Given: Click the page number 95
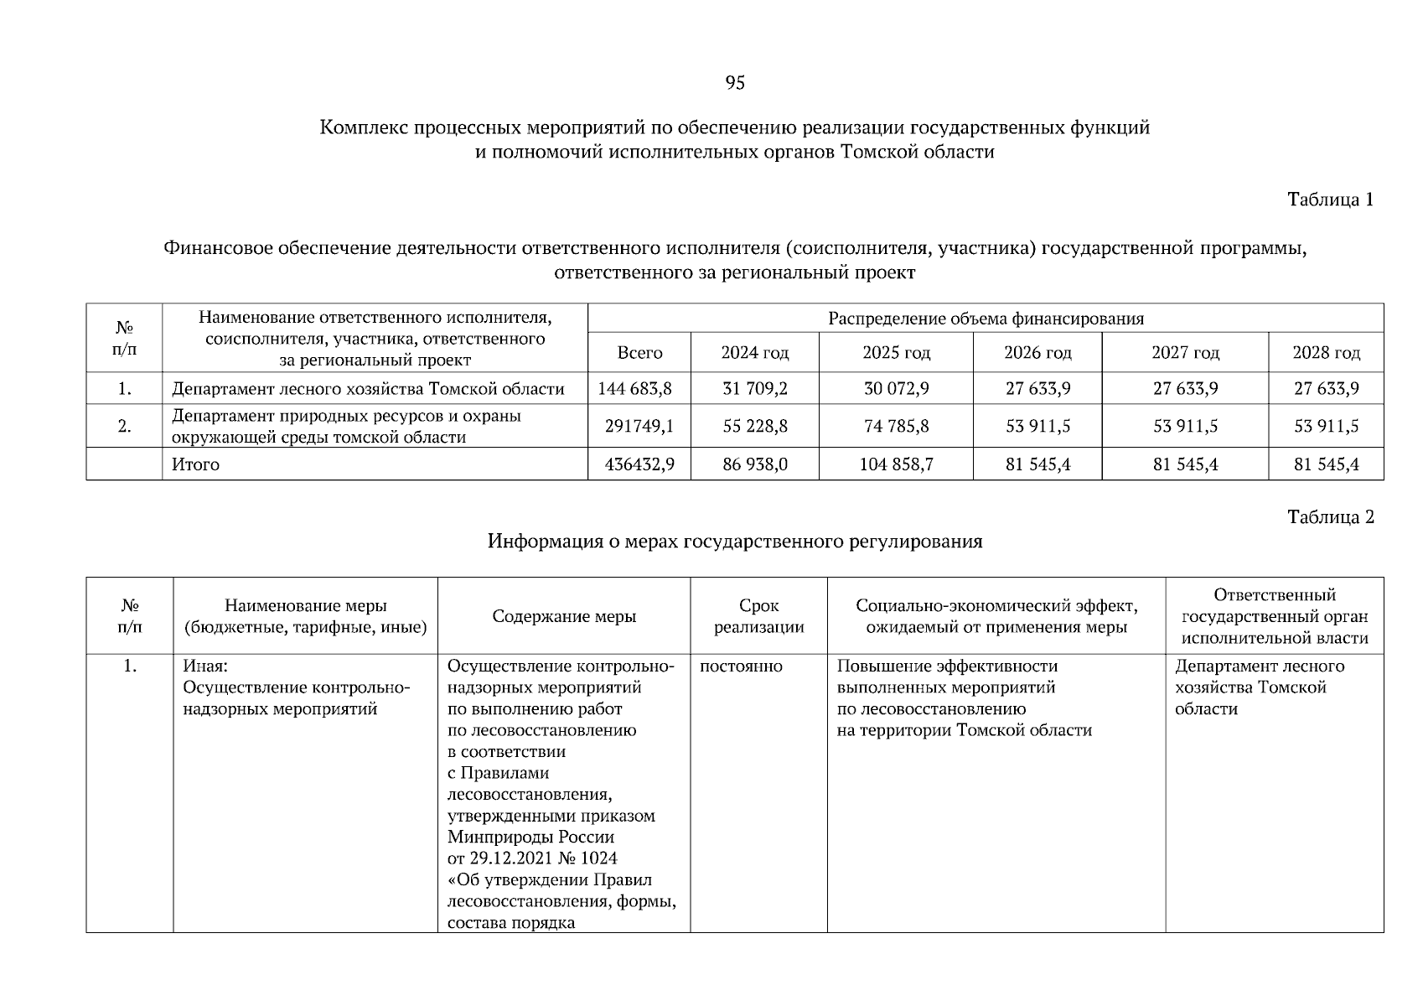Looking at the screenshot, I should pyautogui.click(x=734, y=82).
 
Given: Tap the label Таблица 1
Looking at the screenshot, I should pyautogui.click(x=1330, y=200).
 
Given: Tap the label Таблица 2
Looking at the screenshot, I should pyautogui.click(x=1330, y=517).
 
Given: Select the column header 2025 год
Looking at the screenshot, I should pyautogui.click(x=896, y=353).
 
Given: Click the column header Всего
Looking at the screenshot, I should pyautogui.click(x=639, y=353).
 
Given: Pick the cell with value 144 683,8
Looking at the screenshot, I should pyautogui.click(x=635, y=389).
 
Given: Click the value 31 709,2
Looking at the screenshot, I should pyautogui.click(x=754, y=389).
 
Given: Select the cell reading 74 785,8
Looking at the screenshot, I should pyautogui.click(x=896, y=427).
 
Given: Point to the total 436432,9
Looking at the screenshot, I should pyautogui.click(x=639, y=464).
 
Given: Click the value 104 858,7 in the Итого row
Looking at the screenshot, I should pyautogui.click(x=896, y=464).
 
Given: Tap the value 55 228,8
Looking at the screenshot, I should pyautogui.click(x=754, y=427).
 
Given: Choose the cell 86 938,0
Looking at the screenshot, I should pyautogui.click(x=754, y=464).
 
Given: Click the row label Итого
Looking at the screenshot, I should pyautogui.click(x=195, y=464).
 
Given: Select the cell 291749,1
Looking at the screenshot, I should pyautogui.click(x=639, y=427).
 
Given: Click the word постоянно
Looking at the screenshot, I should pyautogui.click(x=741, y=666).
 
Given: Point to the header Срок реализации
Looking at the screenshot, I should pyautogui.click(x=758, y=616).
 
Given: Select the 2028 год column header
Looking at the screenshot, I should pyautogui.click(x=1326, y=353).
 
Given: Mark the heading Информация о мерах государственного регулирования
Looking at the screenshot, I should pyautogui.click(x=734, y=542).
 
